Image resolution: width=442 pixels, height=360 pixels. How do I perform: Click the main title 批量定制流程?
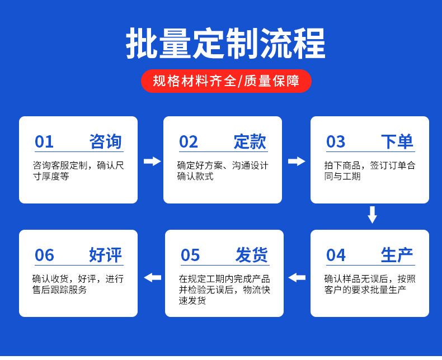[225, 43]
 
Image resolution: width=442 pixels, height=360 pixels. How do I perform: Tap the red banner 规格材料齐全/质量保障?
[226, 81]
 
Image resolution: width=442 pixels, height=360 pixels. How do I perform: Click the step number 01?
[44, 141]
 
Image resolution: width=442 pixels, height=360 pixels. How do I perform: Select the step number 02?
[189, 141]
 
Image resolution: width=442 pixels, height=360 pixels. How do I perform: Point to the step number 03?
[336, 141]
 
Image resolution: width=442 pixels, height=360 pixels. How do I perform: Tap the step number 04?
[336, 255]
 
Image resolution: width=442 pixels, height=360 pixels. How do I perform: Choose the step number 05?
[190, 255]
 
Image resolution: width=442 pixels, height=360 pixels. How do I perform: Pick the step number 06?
[44, 255]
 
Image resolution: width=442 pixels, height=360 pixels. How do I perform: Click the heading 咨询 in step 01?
[105, 141]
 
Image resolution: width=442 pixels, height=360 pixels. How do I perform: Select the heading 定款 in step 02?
[250, 141]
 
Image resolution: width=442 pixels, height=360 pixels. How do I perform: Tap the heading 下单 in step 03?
[397, 141]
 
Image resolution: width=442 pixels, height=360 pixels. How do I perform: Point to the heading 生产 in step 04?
[397, 255]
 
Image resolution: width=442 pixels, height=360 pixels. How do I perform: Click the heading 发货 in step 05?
[251, 255]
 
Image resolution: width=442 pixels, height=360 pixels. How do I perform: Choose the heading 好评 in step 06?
[105, 255]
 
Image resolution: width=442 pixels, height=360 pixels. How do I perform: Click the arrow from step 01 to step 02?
[152, 161]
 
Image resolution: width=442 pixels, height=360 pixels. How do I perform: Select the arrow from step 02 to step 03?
[297, 161]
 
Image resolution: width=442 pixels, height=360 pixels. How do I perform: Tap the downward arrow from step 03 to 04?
[373, 215]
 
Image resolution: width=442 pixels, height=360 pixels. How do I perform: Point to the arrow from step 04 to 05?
[297, 277]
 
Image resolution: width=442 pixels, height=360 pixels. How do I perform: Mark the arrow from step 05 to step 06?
[153, 277]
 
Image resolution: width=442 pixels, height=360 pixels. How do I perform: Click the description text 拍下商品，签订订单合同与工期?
[370, 170]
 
